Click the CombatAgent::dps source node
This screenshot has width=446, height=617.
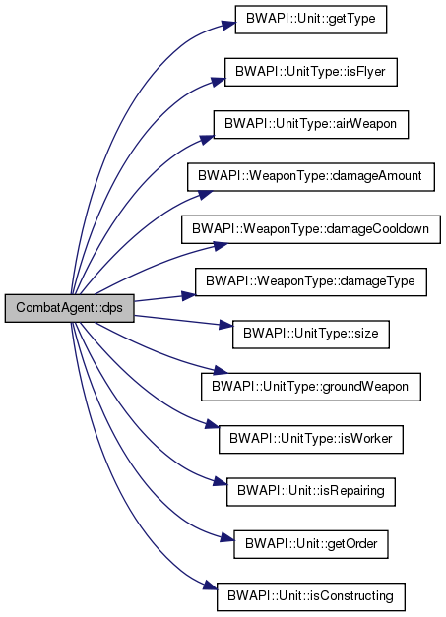70,308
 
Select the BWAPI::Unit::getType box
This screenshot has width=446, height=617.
311,20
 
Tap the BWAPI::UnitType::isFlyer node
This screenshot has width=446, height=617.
311,72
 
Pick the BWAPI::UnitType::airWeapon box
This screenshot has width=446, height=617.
311,124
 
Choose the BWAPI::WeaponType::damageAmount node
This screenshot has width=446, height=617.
311,177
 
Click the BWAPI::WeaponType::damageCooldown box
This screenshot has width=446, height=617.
311,229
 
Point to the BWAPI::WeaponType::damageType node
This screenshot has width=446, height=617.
311,281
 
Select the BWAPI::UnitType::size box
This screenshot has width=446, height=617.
311,335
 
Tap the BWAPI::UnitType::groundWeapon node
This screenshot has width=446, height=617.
311,387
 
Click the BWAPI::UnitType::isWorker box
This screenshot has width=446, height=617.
311,439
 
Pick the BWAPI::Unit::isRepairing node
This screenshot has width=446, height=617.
311,492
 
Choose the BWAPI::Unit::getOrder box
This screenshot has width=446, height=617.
311,544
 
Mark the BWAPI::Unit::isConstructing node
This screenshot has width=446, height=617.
311,596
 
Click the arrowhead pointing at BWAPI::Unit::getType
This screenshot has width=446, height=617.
228,26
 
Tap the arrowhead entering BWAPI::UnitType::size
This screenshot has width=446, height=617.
225,325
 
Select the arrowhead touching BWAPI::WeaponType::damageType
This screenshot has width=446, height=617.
189,295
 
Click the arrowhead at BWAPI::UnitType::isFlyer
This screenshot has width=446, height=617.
219,82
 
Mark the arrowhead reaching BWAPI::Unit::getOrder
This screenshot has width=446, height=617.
227,537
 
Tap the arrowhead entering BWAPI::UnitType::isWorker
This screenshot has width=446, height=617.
213,424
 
